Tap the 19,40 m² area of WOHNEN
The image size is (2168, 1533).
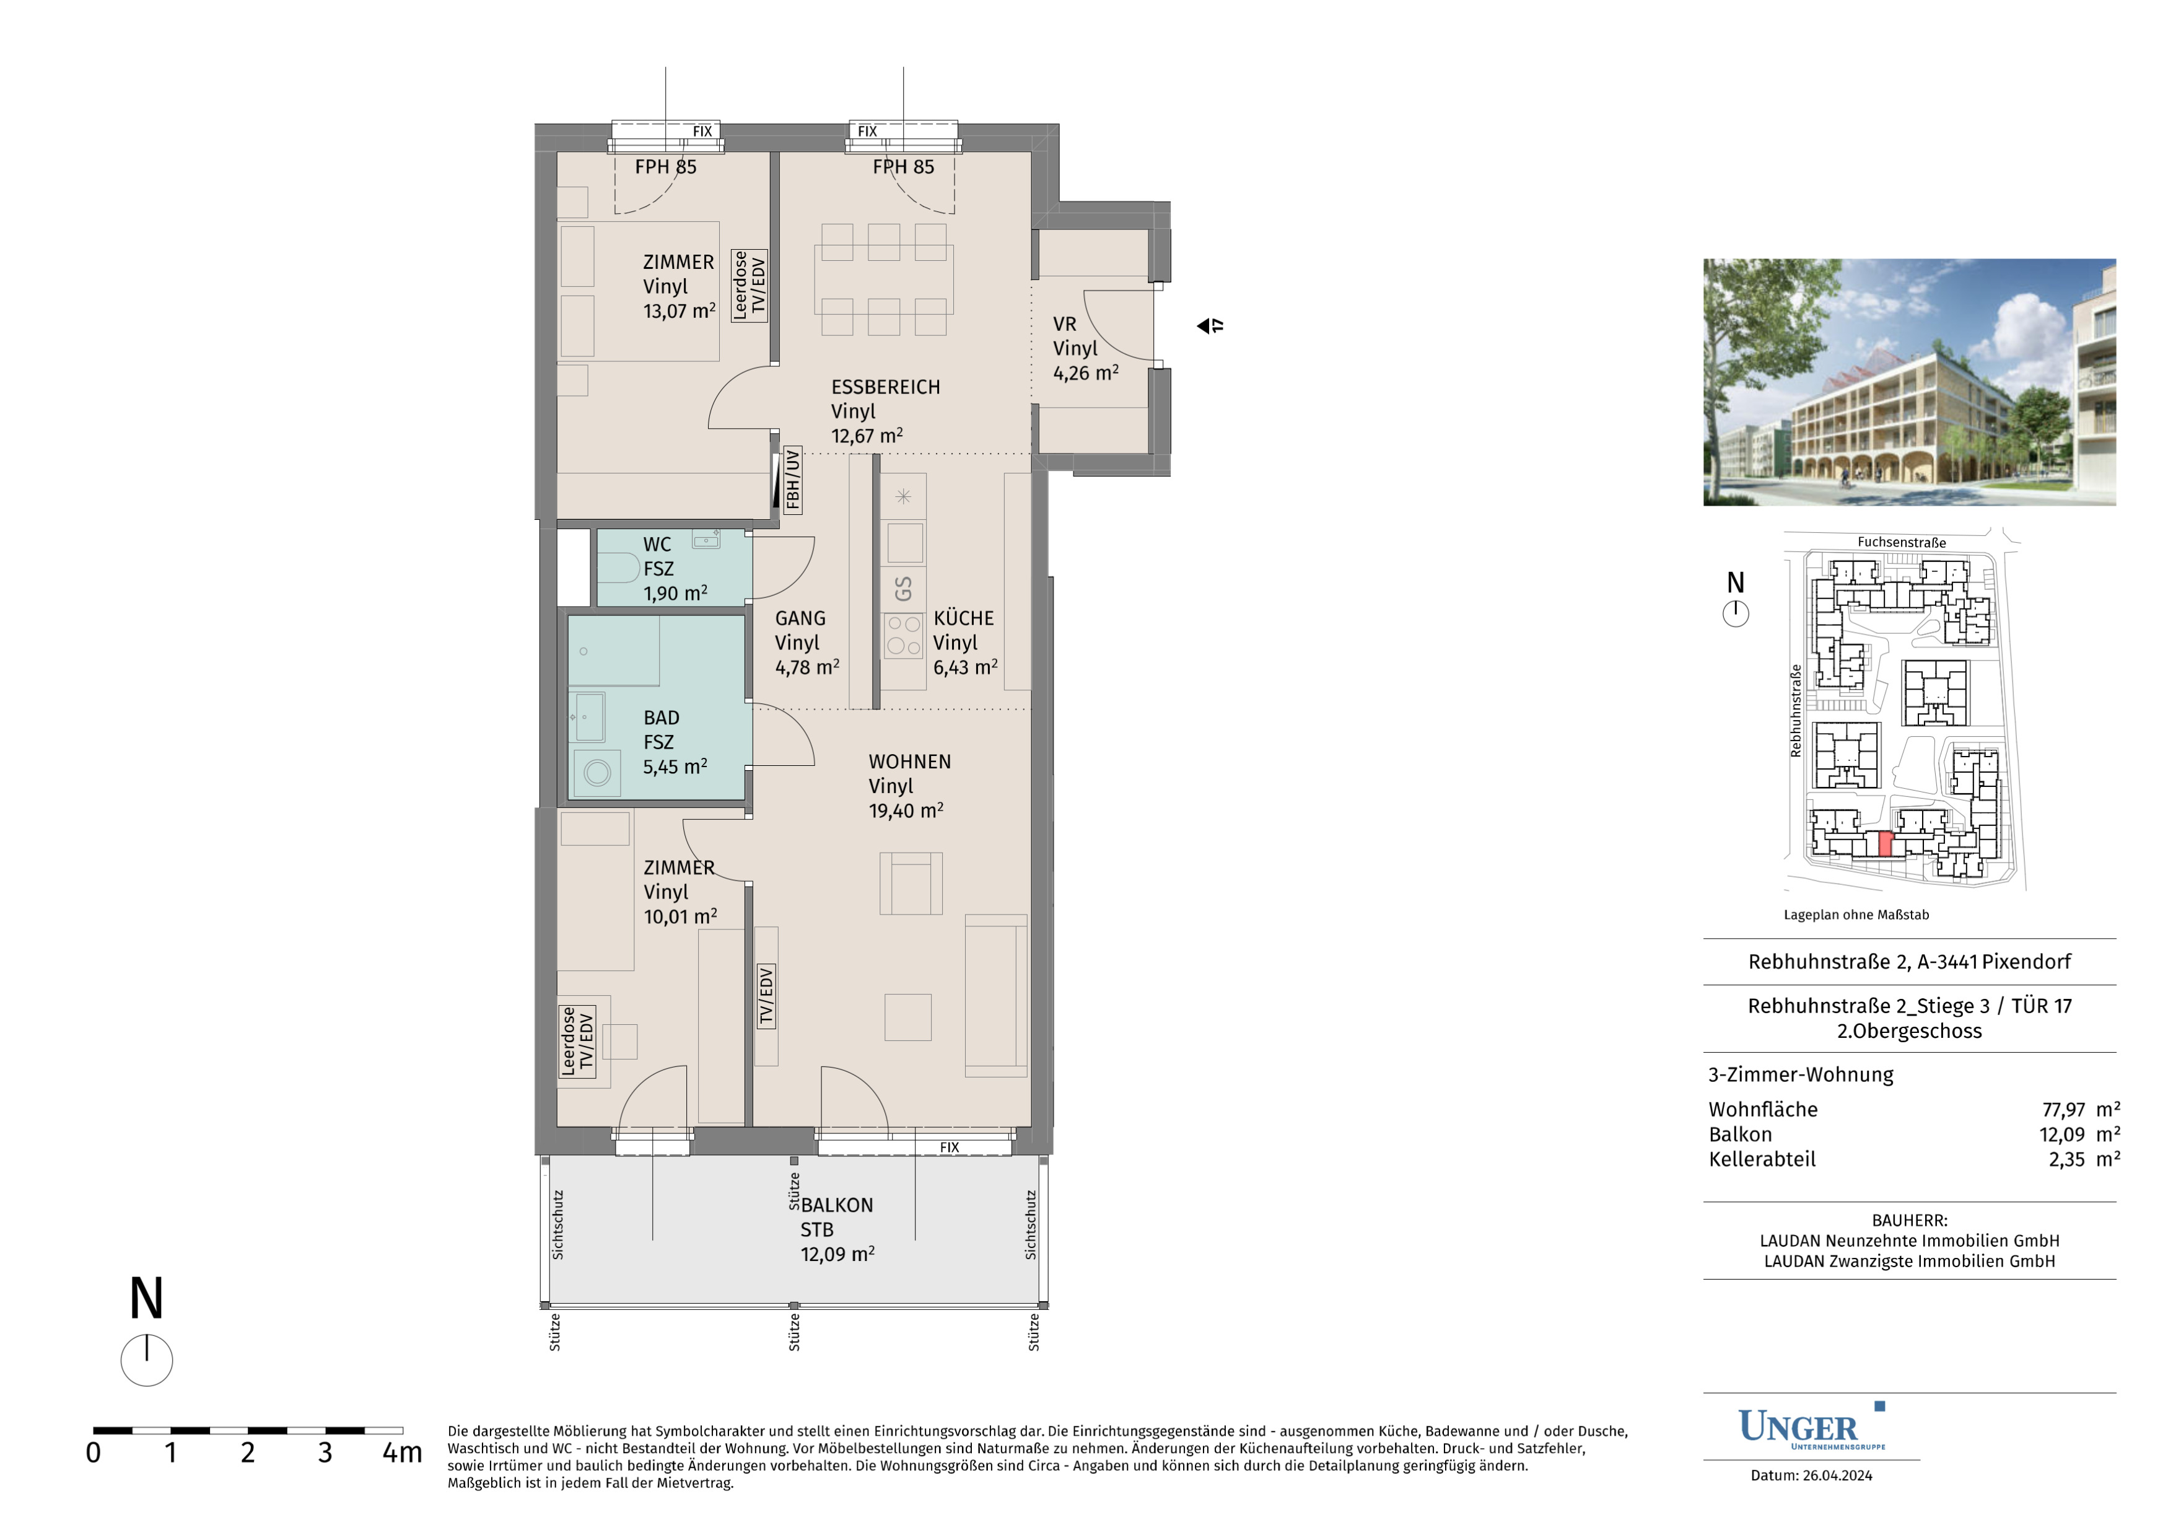tap(906, 810)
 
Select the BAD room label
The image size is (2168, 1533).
tap(661, 718)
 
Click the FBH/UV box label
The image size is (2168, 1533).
tap(792, 480)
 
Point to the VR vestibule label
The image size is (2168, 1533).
tap(1064, 324)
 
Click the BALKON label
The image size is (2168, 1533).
tap(837, 1205)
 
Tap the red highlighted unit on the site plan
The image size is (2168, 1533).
tap(1885, 845)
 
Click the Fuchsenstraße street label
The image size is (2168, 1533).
tap(1902, 542)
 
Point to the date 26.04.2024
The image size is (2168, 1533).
tap(1837, 1475)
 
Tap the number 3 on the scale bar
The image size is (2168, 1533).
tap(325, 1452)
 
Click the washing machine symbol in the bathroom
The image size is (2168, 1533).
tap(597, 773)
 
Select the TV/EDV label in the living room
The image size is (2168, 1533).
tap(766, 996)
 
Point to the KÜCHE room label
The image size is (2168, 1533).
tap(963, 618)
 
